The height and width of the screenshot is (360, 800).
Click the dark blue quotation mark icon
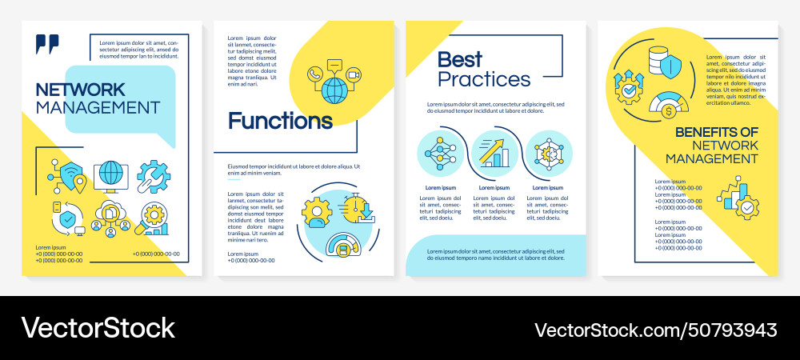coord(48,45)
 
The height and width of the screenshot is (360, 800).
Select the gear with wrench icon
coord(153,177)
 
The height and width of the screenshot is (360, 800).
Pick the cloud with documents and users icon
coord(110,218)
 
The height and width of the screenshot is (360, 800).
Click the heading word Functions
coord(280,121)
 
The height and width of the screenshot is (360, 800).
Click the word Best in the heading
coord(460,59)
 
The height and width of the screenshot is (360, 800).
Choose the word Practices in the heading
coord(484,79)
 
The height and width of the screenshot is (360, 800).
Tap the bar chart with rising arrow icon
coord(494,152)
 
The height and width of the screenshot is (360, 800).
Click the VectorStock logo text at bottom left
coord(98,327)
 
